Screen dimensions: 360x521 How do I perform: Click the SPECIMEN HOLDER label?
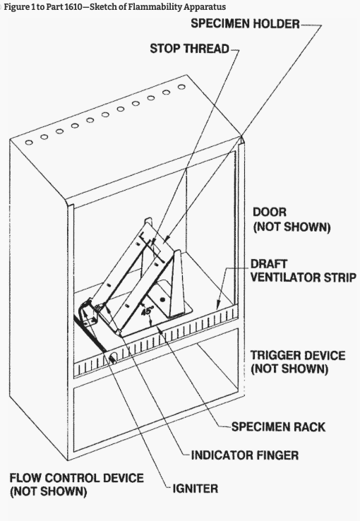245,23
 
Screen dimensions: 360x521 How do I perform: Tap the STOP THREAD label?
189,49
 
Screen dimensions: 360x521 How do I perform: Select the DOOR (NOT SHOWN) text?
292,220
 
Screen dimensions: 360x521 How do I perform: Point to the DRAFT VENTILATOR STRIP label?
304,270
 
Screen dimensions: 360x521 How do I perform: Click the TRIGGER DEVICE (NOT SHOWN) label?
298,362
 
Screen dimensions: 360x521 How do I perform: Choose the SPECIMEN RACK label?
278,427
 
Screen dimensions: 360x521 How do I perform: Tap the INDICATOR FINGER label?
245,455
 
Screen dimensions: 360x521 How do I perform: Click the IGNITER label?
196,489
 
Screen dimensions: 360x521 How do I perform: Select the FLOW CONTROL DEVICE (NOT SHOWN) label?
77,484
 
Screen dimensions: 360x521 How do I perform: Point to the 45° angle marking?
147,311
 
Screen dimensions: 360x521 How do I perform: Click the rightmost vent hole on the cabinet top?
181,87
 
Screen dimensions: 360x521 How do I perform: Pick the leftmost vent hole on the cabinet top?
29,143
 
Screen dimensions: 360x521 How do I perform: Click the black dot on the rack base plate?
162,300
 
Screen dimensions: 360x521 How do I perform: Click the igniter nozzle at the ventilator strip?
112,359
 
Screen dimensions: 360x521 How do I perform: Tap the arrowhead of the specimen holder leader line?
166,239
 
